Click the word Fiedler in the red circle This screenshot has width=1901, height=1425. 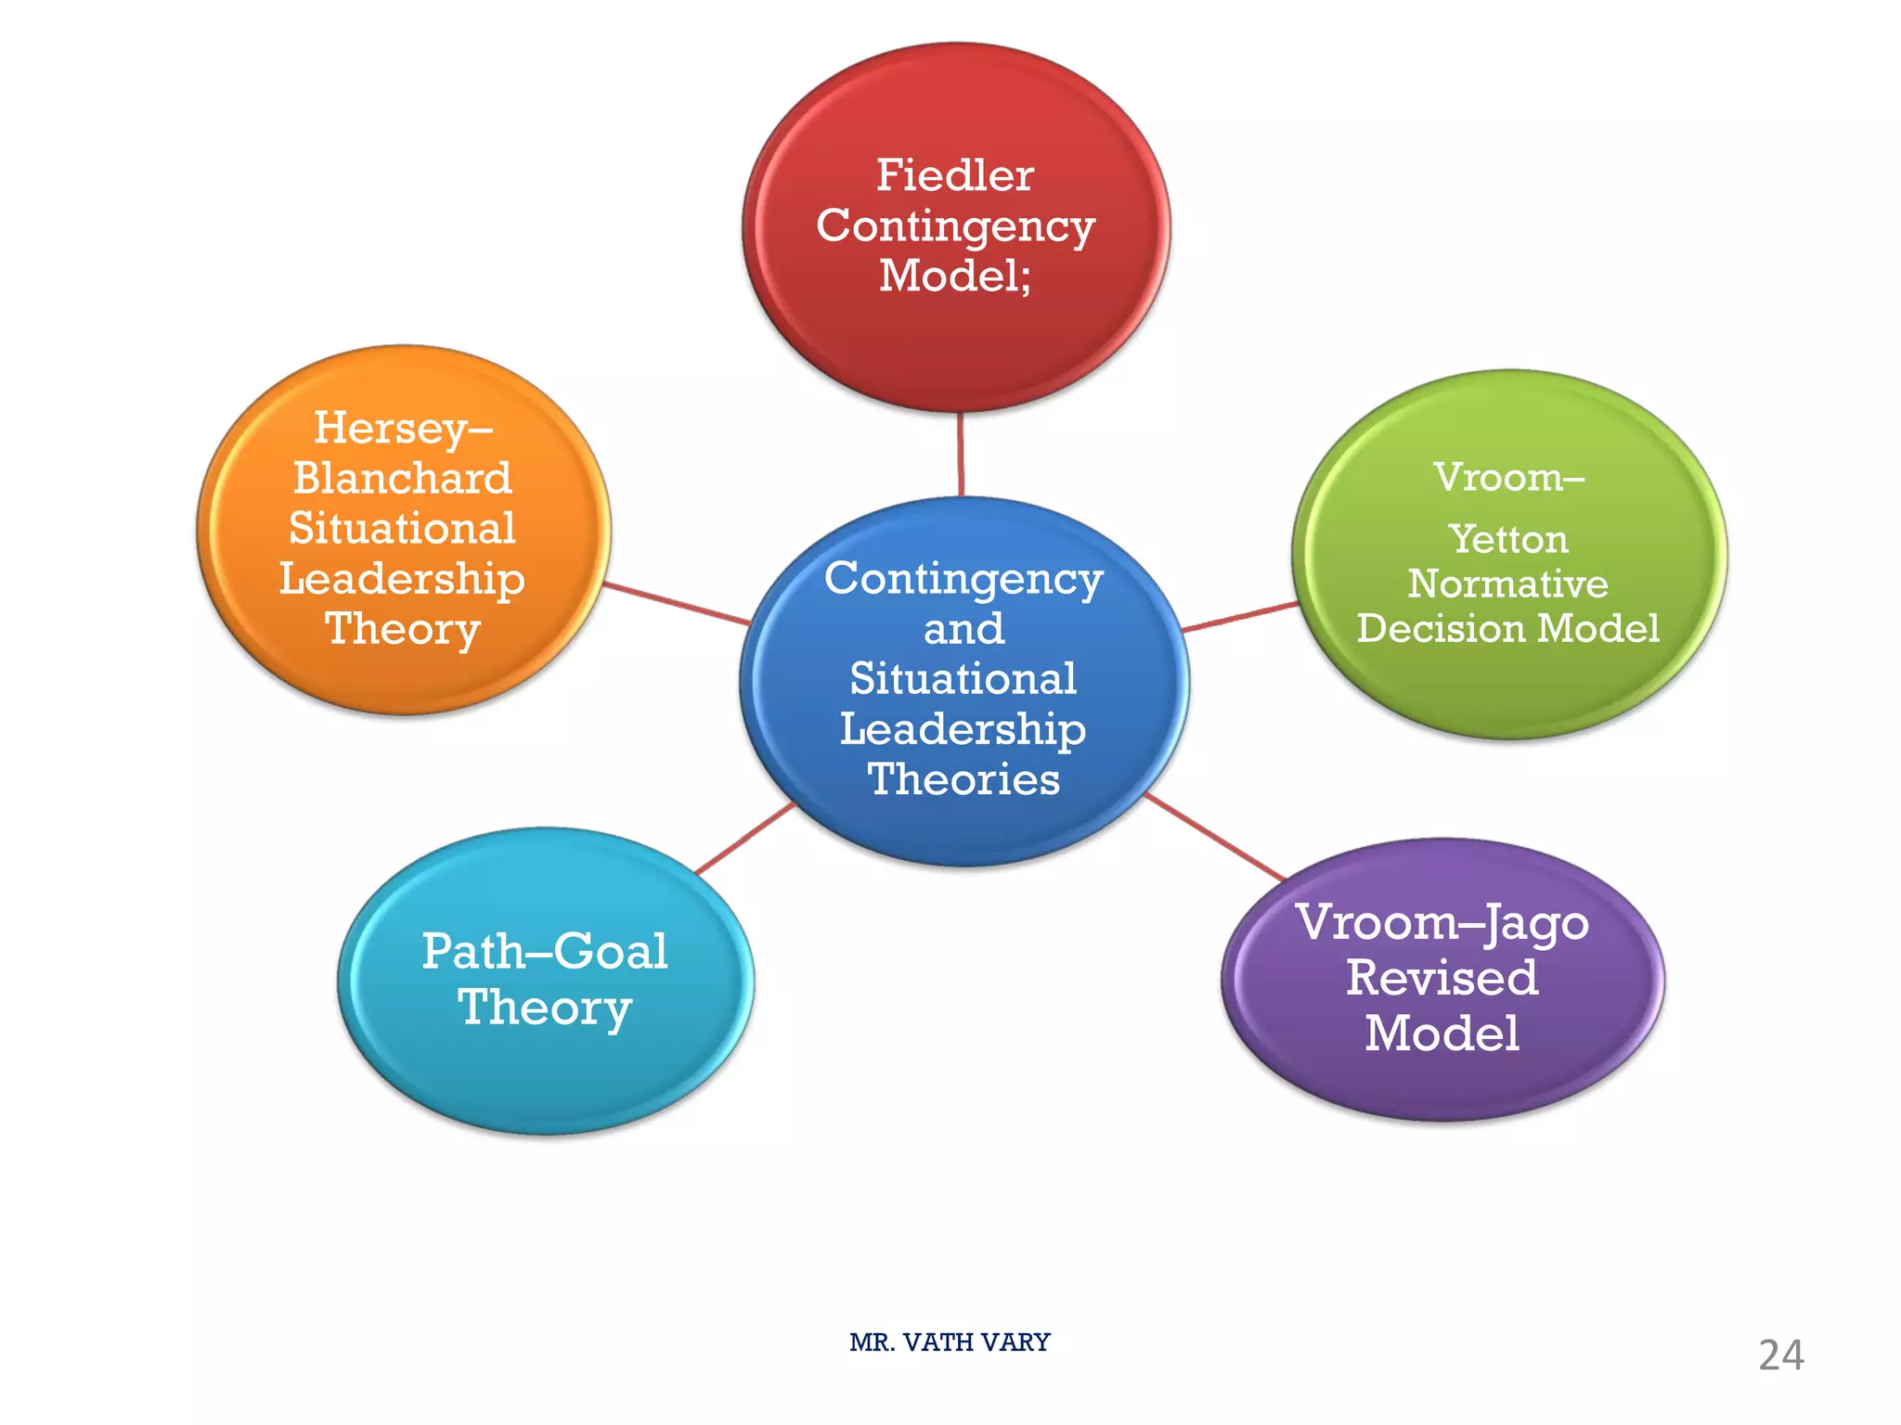click(954, 175)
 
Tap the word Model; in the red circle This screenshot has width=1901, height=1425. click(954, 276)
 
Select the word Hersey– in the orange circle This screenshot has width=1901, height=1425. click(403, 429)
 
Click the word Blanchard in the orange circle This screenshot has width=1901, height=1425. click(403, 479)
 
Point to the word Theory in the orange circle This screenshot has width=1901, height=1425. click(403, 629)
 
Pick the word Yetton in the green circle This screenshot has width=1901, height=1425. click(1507, 540)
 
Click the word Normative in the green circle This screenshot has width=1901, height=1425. click(1507, 584)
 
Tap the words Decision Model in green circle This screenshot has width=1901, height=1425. click(1507, 628)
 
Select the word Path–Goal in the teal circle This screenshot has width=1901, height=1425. click(544, 952)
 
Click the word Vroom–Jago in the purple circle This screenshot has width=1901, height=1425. click(1442, 923)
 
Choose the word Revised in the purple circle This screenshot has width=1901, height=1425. click(1442, 978)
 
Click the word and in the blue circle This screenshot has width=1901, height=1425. click(963, 629)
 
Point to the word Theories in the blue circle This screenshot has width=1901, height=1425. click(963, 779)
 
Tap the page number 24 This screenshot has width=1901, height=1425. click(1780, 1355)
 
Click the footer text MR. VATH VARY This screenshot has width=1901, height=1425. click(949, 1342)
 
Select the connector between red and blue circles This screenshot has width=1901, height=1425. click(961, 455)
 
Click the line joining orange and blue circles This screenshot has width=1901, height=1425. click(678, 604)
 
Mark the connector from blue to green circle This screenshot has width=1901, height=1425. click(1240, 617)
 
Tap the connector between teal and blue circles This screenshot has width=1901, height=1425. click(745, 839)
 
